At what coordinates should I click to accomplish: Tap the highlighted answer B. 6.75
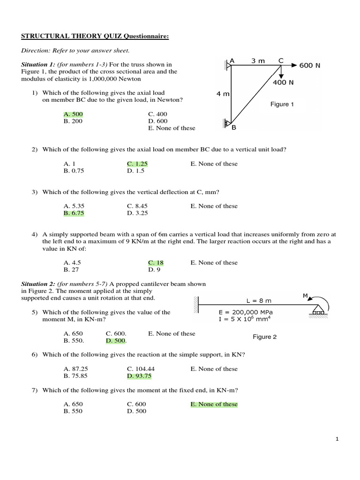tap(74, 213)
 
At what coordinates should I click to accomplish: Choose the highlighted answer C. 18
tap(156, 262)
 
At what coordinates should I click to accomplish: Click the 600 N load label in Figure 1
tap(310, 65)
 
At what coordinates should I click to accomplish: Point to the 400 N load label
tap(283, 82)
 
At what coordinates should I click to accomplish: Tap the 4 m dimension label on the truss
tap(223, 94)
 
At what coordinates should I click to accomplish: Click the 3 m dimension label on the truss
tap(258, 60)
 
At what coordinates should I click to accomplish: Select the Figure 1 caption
tap(282, 104)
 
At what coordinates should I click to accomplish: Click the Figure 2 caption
tap(265, 337)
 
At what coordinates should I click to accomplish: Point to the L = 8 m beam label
tap(259, 300)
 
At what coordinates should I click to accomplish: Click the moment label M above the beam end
tap(305, 295)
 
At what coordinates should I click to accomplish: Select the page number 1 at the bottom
tap(337, 439)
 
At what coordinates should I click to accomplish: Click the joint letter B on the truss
tap(234, 127)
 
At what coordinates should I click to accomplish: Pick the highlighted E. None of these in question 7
tap(214, 404)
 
